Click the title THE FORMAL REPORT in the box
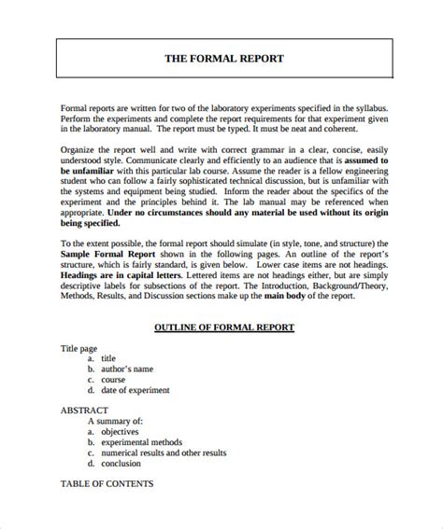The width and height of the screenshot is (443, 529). pyautogui.click(x=223, y=58)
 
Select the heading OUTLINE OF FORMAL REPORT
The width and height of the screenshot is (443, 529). pyautogui.click(x=223, y=327)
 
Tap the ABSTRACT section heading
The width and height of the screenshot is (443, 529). pyautogui.click(x=84, y=410)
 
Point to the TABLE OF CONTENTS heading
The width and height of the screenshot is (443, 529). pyautogui.click(x=106, y=484)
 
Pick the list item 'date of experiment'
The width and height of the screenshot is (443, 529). pyautogui.click(x=145, y=392)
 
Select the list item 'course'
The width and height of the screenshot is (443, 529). pyautogui.click(x=115, y=380)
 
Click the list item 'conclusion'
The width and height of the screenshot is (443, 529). pyautogui.click(x=121, y=463)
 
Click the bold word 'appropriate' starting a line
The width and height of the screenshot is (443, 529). pyautogui.click(x=84, y=211)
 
